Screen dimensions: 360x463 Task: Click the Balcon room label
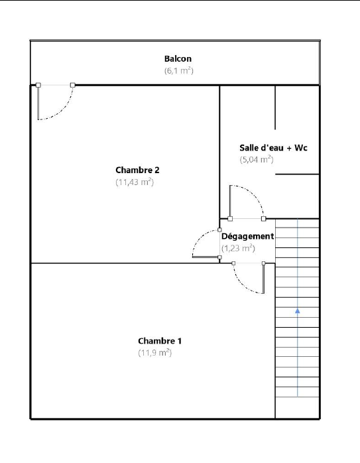pos(178,59)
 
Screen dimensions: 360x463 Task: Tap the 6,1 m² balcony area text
pos(179,71)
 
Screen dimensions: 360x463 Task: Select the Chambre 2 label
pos(137,170)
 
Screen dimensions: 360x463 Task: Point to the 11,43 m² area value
pos(135,182)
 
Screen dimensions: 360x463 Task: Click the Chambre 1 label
pos(160,341)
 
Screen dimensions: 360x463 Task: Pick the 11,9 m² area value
pos(155,353)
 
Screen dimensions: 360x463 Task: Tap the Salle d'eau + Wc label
pos(273,148)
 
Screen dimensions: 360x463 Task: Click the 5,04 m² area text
pos(257,160)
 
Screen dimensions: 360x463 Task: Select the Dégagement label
pos(248,237)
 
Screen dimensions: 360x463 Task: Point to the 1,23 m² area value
pos(238,248)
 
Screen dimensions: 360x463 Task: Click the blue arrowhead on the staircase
pos(298,311)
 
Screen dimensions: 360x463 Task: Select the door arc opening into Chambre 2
pos(198,238)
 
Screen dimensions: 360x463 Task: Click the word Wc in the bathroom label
pos(301,148)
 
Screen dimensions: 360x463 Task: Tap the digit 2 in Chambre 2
pos(157,170)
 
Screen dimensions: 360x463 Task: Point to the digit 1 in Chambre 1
pos(180,341)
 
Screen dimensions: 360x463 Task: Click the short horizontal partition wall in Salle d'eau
pos(297,174)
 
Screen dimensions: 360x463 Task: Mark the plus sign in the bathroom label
pos(289,148)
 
